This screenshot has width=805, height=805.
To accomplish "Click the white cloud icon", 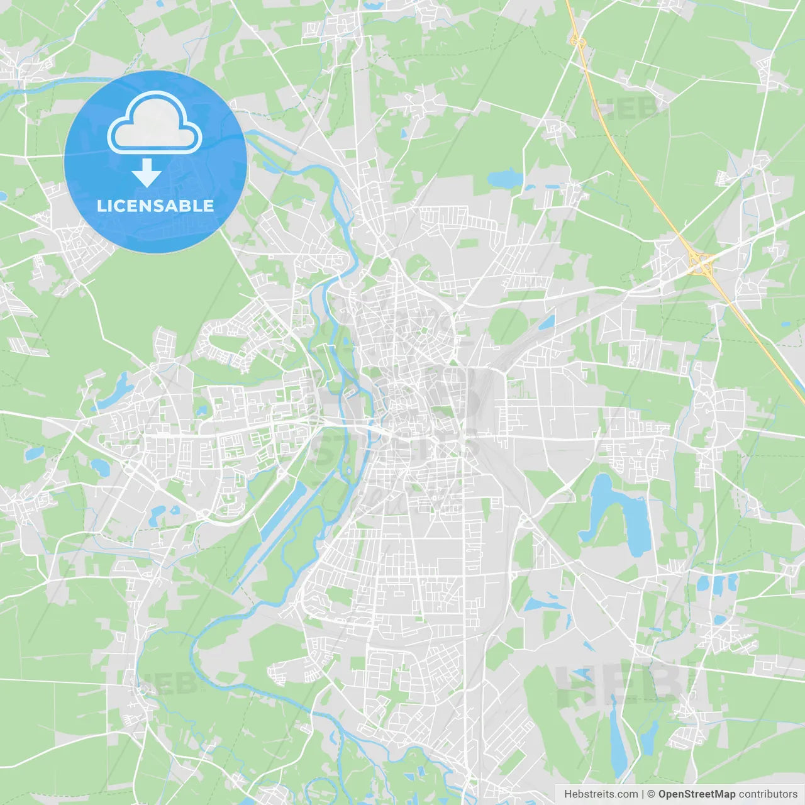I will click(x=155, y=123).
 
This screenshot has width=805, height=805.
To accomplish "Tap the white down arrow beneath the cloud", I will click(x=147, y=172).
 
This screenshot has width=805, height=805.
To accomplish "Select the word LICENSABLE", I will click(x=155, y=206).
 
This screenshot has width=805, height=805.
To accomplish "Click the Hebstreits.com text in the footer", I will click(x=601, y=794).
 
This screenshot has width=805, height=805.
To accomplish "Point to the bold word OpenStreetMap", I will click(x=696, y=794).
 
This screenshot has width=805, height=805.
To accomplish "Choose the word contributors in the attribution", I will click(x=768, y=794).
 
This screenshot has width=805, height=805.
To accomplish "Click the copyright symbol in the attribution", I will click(x=651, y=794).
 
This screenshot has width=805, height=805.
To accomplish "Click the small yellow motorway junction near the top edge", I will click(x=577, y=42).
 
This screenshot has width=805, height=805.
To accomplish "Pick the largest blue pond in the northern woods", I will click(x=505, y=179).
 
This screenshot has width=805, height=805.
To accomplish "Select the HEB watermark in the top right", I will click(x=626, y=108).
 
